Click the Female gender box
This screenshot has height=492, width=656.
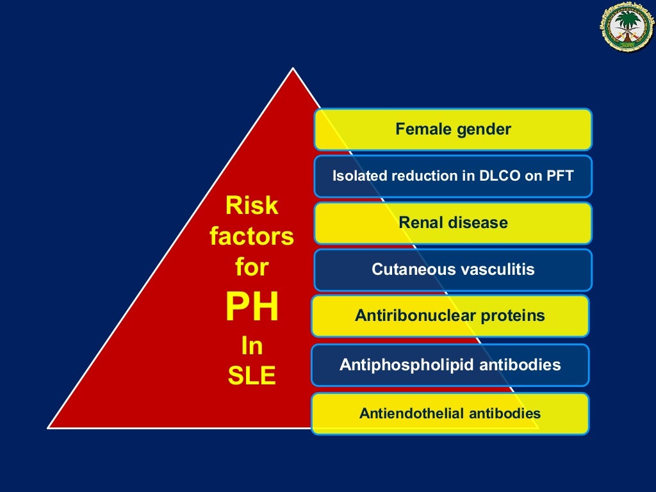(453, 129)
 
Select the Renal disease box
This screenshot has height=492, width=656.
(453, 223)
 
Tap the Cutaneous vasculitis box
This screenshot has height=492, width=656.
(453, 270)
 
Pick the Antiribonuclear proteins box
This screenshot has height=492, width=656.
(450, 316)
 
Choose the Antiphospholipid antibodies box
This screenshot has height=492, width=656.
(450, 365)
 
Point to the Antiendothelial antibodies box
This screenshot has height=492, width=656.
(450, 414)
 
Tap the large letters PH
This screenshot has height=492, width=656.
(252, 307)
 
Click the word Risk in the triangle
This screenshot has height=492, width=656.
(252, 206)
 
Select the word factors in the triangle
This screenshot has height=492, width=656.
(252, 237)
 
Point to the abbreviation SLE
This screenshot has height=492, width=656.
(252, 377)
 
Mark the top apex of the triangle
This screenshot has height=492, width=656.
(293, 69)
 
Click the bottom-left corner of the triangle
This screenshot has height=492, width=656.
(49, 427)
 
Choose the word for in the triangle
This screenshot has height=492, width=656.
(252, 268)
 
